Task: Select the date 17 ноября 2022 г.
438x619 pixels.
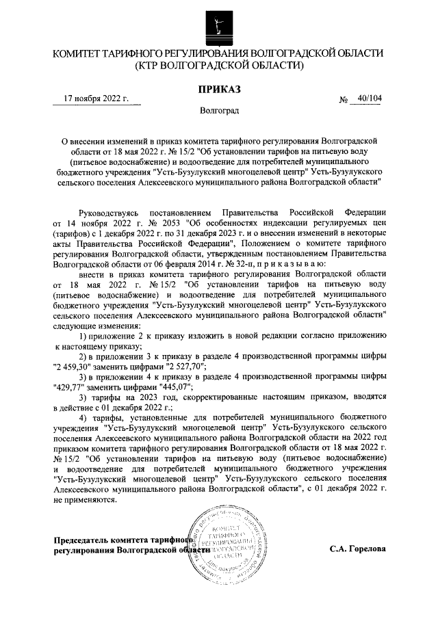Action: click(96, 99)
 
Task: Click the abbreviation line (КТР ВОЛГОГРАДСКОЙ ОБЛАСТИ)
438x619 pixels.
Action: click(219, 66)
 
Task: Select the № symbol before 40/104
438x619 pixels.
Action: click(344, 100)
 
